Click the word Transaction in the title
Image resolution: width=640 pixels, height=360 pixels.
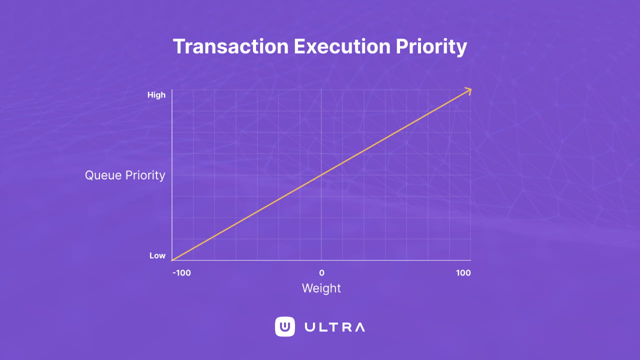(x=230, y=46)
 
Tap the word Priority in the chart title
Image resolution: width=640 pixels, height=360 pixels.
(x=431, y=46)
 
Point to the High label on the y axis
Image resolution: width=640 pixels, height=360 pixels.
(x=156, y=95)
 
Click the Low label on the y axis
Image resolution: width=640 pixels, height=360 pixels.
(x=157, y=255)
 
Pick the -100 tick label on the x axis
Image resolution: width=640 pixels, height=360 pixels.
(x=182, y=273)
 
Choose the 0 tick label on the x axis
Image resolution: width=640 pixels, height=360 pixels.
(x=321, y=273)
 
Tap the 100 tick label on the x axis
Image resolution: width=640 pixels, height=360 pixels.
(x=463, y=273)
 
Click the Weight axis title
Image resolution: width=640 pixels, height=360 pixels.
(x=321, y=288)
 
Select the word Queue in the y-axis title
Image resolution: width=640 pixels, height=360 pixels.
(x=103, y=175)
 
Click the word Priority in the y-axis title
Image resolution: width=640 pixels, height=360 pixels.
(x=145, y=175)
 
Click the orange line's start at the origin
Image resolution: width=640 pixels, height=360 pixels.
(x=172, y=260)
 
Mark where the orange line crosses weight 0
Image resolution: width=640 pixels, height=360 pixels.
(x=321, y=174)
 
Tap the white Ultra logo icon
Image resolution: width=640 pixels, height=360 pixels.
(x=285, y=327)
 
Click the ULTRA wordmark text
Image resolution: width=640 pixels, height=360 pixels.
(x=334, y=327)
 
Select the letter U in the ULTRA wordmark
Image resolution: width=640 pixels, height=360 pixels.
(x=309, y=327)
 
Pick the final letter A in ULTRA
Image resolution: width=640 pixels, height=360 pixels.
(x=359, y=327)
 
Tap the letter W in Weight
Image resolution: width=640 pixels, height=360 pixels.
(x=306, y=288)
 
